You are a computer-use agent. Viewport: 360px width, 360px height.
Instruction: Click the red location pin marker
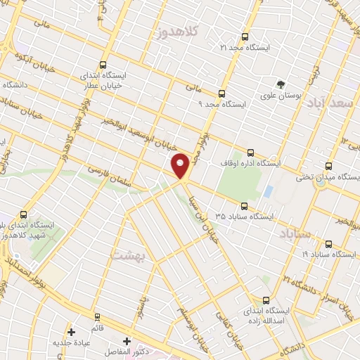point(181,165)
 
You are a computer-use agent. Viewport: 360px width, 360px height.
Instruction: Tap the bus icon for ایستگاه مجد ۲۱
point(245,37)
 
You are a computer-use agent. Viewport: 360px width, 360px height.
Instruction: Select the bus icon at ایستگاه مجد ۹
point(222,93)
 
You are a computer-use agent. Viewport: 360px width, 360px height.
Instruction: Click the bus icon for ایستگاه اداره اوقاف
point(251,153)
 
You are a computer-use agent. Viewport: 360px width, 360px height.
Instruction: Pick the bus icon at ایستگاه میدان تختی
point(328,167)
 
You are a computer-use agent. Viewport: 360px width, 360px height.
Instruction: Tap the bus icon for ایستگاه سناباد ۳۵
point(245,206)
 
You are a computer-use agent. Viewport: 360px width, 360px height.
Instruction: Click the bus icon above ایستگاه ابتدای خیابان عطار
point(104,64)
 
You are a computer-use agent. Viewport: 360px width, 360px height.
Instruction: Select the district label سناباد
point(295,233)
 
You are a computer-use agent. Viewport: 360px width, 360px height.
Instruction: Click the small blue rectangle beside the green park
point(268,191)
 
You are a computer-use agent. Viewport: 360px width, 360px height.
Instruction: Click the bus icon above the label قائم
point(97,316)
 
